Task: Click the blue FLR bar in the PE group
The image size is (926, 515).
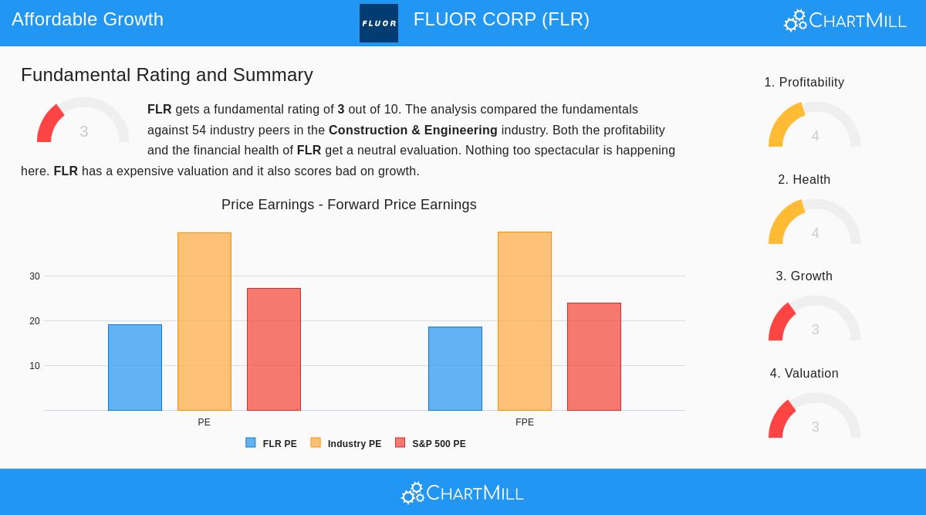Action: point(135,368)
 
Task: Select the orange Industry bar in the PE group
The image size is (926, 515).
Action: point(204,321)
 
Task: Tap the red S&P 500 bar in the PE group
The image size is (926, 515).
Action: point(274,349)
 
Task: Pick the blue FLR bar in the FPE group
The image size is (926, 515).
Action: point(455,368)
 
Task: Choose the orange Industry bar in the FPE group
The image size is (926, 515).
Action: point(525,321)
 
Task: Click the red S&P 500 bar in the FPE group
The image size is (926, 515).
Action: point(594,357)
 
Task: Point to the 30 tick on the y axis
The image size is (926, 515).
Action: point(35,276)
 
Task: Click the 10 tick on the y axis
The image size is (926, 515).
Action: point(35,366)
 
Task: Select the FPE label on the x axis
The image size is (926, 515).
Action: point(525,422)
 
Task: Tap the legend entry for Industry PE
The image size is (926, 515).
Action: point(346,444)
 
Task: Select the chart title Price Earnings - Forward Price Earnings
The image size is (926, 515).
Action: point(349,205)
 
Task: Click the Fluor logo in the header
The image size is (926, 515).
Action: point(379,23)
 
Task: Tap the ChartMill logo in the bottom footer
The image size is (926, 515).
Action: point(462,493)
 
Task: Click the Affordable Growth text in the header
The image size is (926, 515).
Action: point(87,19)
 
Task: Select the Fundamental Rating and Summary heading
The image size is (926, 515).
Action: point(167,75)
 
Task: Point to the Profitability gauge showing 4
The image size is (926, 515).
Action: point(814,126)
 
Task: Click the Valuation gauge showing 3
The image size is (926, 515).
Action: point(814,417)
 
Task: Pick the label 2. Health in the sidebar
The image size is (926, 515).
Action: point(804,180)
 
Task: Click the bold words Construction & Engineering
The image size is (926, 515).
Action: point(413,130)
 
